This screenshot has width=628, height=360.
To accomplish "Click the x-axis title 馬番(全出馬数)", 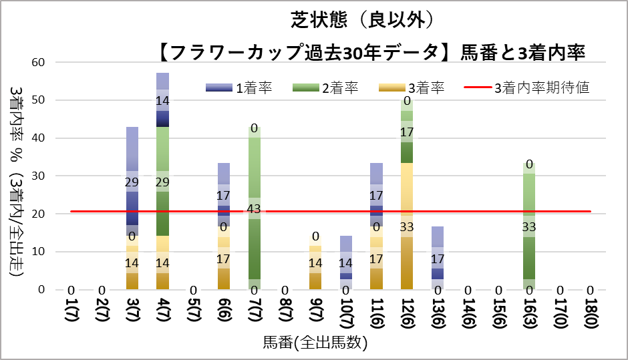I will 315,343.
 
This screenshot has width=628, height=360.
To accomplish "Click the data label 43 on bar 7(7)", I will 254,209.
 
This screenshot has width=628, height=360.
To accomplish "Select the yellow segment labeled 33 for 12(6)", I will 406,227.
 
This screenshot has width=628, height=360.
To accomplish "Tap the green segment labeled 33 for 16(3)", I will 528,227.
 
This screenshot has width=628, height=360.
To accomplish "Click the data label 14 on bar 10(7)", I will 345,262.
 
